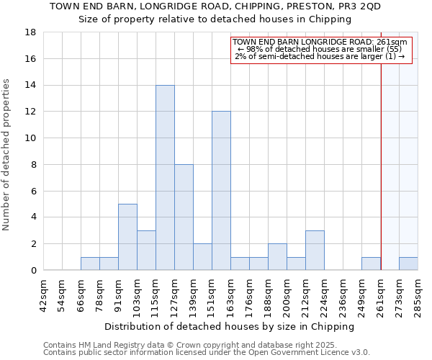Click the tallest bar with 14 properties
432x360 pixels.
coord(165,178)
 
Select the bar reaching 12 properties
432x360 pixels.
coord(221,191)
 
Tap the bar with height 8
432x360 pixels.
coord(184,217)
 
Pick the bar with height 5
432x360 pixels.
coord(127,237)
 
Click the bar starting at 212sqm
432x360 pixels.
coord(315,251)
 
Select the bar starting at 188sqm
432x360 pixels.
coord(277,257)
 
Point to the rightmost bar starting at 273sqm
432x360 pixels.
coord(408,264)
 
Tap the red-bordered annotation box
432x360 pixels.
coord(321,50)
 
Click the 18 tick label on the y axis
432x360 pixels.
coord(30,32)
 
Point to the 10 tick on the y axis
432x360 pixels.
coord(30,138)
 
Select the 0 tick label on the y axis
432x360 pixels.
coord(33,271)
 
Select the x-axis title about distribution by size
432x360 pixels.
coord(230,326)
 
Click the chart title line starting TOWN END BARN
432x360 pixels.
coord(215,6)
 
